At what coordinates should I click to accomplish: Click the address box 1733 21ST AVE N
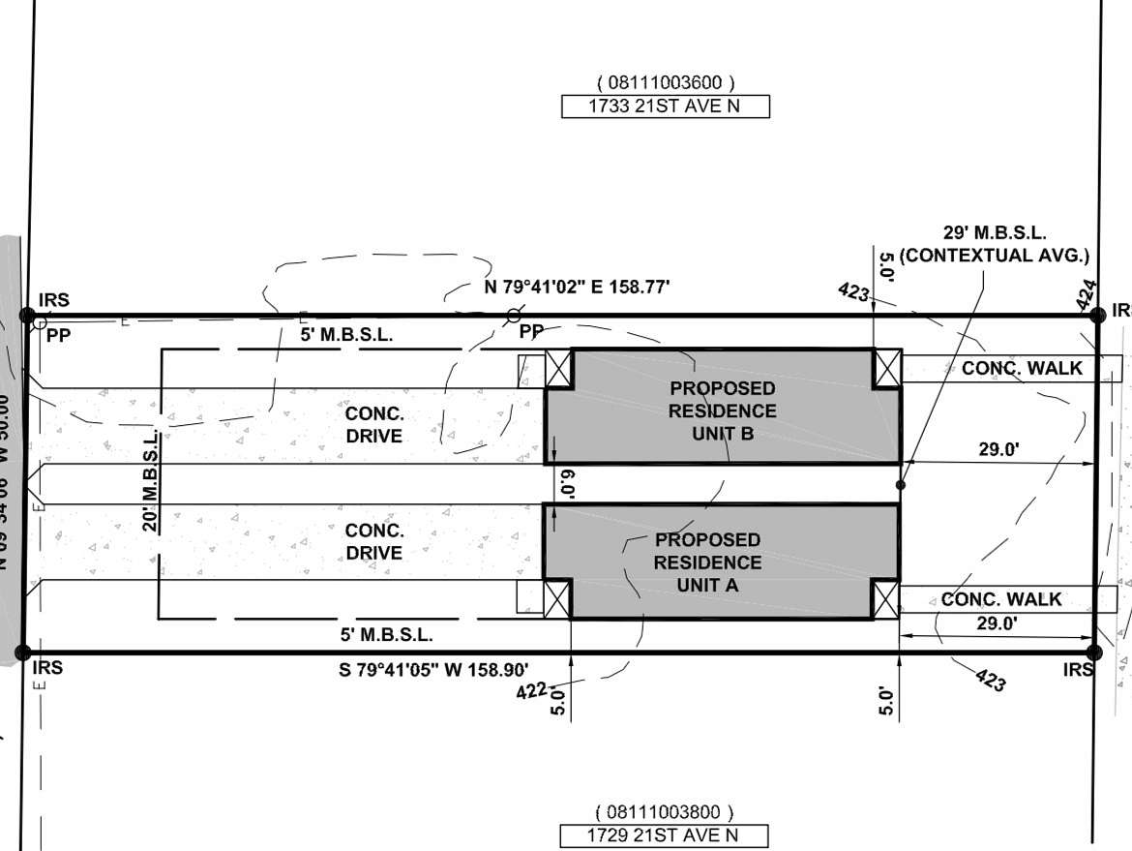[x=665, y=106]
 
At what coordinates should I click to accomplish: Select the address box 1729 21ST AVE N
[x=664, y=836]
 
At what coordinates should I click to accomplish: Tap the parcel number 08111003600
[x=665, y=83]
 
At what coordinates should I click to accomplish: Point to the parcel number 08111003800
[x=665, y=812]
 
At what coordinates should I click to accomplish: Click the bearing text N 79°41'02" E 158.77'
[x=577, y=287]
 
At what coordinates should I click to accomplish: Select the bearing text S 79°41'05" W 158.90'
[x=433, y=668]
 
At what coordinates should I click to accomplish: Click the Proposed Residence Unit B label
[x=723, y=410]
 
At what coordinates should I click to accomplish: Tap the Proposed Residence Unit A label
[x=707, y=562]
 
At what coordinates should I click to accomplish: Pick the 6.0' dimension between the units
[x=570, y=483]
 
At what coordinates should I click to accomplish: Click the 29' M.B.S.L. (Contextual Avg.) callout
[x=994, y=244]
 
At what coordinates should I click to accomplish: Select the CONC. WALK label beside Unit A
[x=1000, y=599]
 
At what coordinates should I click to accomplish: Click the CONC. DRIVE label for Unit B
[x=373, y=424]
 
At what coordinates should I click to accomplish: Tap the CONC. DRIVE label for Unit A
[x=373, y=541]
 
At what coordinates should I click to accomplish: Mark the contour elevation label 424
[x=1087, y=294]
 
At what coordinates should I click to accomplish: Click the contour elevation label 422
[x=531, y=690]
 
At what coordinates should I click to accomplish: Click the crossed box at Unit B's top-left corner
[x=559, y=369]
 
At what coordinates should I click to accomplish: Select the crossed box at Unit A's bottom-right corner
[x=885, y=599]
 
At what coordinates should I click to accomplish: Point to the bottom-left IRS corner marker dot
[x=24, y=653]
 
